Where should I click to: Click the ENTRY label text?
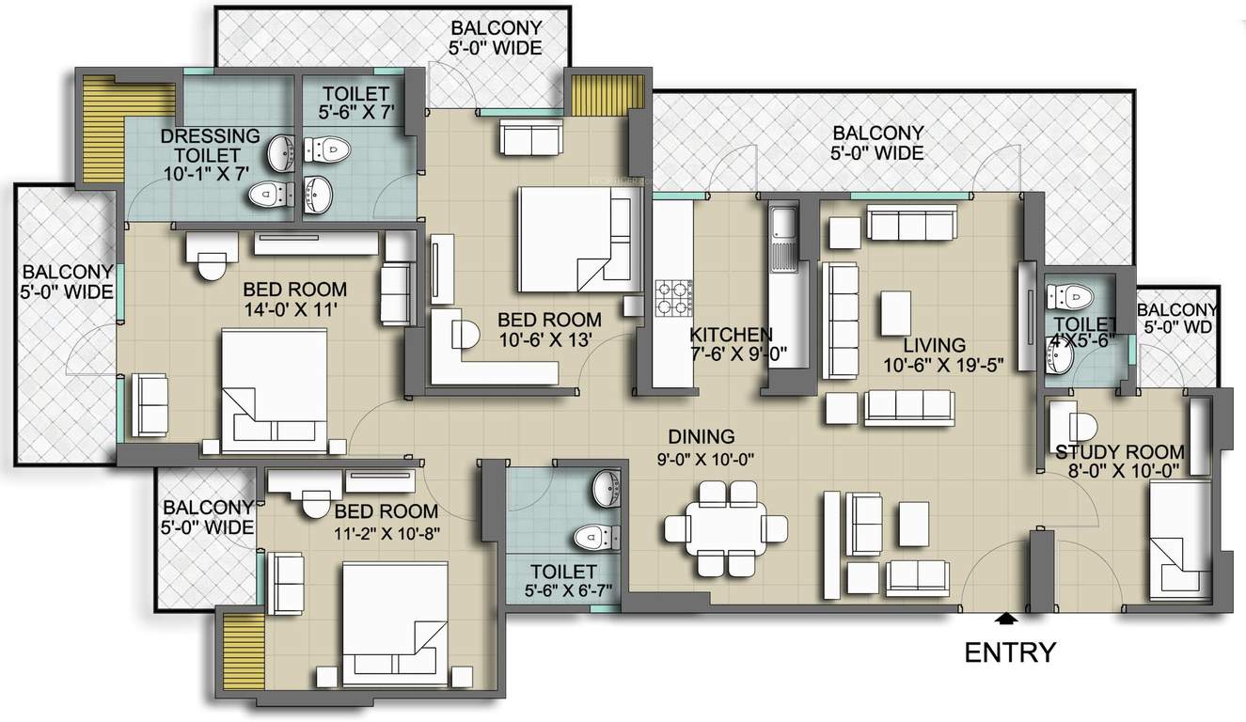click(1010, 652)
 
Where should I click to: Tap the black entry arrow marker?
click(1005, 618)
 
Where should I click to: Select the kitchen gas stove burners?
click(673, 298)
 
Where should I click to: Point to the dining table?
click(725, 528)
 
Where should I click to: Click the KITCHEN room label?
click(731, 335)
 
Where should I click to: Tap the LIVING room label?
click(935, 345)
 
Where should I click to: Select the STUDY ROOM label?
click(1120, 451)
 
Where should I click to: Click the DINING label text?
click(701, 436)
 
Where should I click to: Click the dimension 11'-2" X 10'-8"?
click(386, 533)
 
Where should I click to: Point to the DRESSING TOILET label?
click(210, 146)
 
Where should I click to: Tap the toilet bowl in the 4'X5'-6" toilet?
click(1069, 296)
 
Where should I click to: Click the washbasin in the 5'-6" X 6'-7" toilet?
click(607, 488)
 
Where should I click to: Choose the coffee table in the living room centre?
click(895, 313)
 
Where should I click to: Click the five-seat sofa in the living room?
click(840, 321)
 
